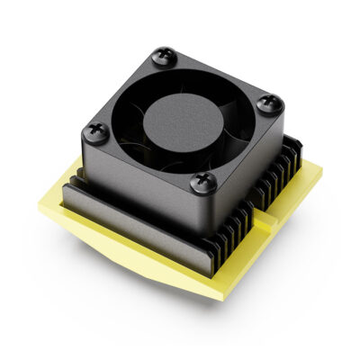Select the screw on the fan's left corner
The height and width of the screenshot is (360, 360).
[94, 134]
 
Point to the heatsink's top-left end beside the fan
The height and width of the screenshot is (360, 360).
[76, 171]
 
